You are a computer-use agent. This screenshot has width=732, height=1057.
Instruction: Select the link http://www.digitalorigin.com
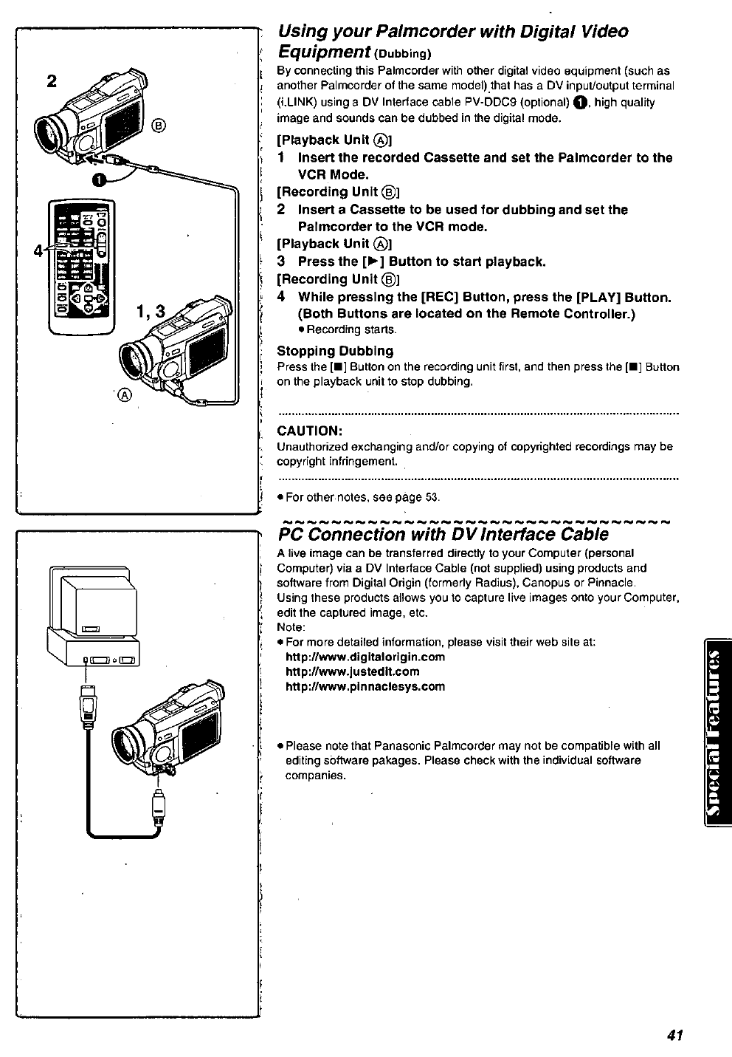[x=365, y=657]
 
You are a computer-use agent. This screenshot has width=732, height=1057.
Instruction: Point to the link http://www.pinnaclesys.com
[x=365, y=686]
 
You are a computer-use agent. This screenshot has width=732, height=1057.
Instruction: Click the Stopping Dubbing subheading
[x=335, y=351]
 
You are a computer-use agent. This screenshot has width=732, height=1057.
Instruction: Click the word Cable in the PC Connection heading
[x=583, y=534]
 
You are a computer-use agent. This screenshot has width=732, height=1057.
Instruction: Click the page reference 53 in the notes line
[x=432, y=497]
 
